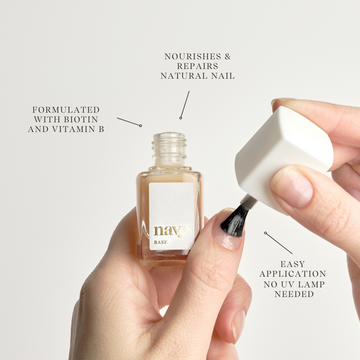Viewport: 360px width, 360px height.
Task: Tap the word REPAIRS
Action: pos(197,66)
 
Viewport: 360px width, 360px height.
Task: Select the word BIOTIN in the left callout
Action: pos(81,119)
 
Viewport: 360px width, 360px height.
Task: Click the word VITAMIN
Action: pos(73,129)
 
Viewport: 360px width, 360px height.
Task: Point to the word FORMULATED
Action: pos(66,109)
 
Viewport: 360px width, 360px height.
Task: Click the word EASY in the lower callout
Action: pos(292,264)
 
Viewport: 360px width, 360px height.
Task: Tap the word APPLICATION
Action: pos(292,274)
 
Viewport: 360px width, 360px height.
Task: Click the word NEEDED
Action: pos(294,294)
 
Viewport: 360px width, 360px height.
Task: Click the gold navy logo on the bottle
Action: pos(171,230)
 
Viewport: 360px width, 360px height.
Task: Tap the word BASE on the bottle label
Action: pos(160,242)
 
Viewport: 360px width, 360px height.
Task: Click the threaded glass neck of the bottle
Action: pos(169,149)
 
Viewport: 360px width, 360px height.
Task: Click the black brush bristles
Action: pos(233,222)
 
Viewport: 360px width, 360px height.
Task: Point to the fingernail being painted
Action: pos(228,229)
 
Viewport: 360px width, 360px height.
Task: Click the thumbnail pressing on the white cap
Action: pos(291,187)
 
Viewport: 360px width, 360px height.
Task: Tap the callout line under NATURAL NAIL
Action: pos(185,104)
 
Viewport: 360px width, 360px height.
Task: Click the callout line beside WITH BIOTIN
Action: pos(129,122)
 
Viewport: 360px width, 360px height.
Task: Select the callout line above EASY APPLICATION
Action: pos(278,243)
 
